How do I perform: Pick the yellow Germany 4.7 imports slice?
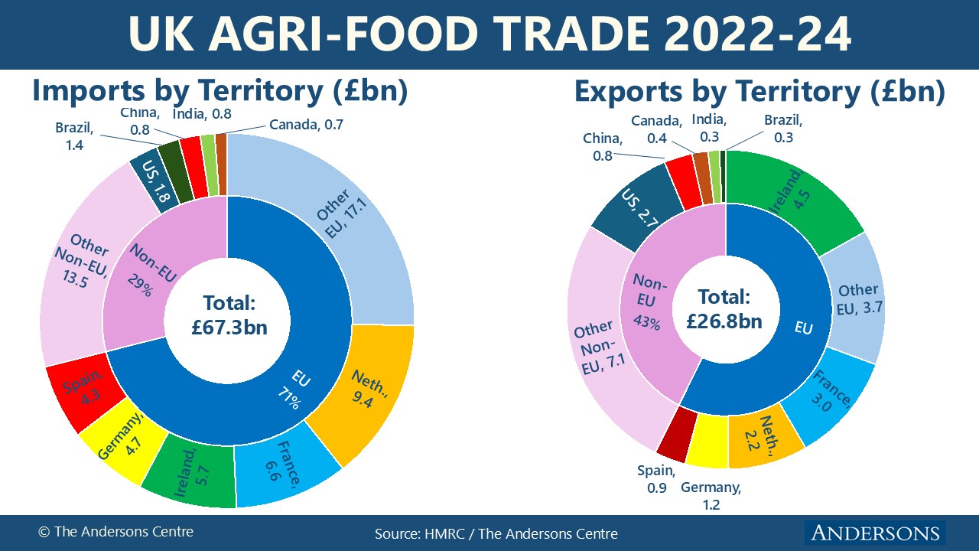click(122, 444)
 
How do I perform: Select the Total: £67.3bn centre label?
click(229, 314)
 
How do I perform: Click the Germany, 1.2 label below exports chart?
click(711, 496)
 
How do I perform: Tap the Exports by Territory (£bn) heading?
click(759, 92)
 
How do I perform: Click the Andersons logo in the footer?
click(874, 533)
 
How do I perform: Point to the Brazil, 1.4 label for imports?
click(73, 135)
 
